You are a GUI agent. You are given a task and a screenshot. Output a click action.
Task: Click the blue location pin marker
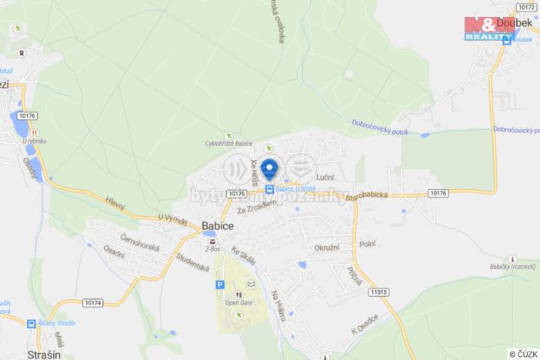coord(269,168)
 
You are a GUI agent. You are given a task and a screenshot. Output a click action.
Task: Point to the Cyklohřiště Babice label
coord(228,143)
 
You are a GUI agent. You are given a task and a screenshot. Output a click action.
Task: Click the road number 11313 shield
coord(378,292)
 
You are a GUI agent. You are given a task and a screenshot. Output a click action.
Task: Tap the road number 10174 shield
coord(92,303)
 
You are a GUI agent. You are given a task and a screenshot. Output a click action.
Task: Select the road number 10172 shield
coord(526,6)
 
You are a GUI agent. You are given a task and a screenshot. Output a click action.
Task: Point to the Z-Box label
coord(209,250)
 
